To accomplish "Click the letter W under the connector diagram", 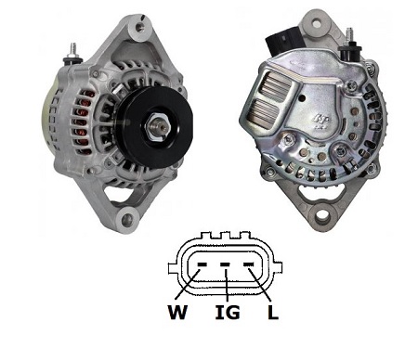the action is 177,312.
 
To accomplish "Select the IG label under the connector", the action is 228,312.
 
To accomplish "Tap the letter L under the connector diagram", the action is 273,312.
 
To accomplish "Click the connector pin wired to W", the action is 202,264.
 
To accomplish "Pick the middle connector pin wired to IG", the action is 225,264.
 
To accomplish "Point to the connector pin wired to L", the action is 249,264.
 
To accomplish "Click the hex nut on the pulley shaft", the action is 157,127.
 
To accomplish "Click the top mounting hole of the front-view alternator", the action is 140,28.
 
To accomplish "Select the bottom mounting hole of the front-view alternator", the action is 127,220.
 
